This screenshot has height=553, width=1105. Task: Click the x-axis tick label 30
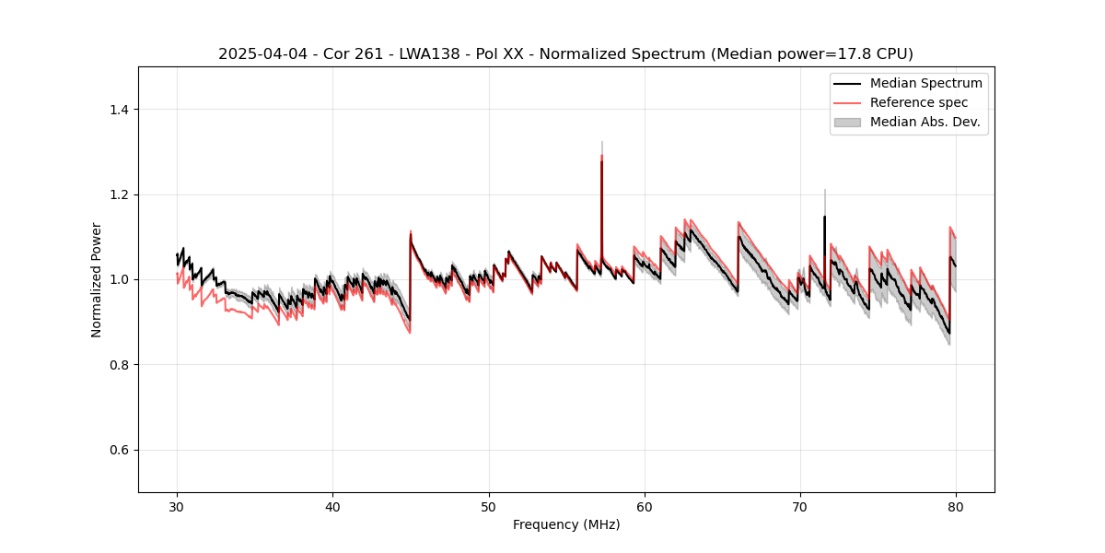177,506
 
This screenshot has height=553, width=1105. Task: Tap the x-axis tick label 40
332,506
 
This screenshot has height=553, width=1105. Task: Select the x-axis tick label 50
488,506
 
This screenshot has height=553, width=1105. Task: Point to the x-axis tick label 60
644,506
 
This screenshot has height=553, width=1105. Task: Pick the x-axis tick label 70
799,506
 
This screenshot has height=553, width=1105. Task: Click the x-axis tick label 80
955,506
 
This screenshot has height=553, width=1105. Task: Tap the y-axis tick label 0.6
118,450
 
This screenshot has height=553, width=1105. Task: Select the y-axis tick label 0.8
118,365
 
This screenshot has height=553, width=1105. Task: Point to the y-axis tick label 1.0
118,279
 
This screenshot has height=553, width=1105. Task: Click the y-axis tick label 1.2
118,194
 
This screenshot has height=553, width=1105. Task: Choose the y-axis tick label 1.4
118,110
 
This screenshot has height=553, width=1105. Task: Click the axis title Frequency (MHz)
566,524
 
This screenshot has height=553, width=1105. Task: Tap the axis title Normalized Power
97,279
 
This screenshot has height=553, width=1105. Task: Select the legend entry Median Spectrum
925,83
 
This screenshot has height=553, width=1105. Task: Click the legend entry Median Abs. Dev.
925,122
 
